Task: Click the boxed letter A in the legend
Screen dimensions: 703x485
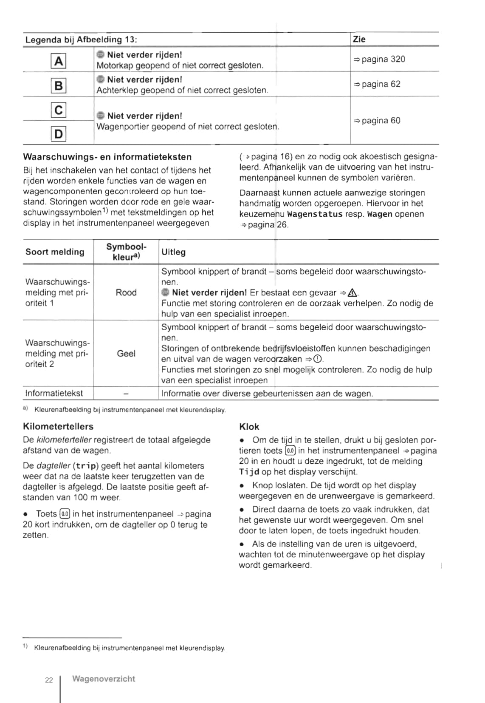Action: (x=59, y=61)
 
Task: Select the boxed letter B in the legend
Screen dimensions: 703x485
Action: (x=59, y=86)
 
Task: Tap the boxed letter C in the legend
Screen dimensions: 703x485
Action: (x=59, y=110)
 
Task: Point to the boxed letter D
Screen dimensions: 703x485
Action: (x=59, y=134)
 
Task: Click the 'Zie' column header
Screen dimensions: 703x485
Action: (x=359, y=40)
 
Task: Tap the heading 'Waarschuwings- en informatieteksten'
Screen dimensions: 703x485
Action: (x=107, y=157)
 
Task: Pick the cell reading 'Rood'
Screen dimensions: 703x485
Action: (x=126, y=293)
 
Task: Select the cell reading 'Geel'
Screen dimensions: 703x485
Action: (x=126, y=354)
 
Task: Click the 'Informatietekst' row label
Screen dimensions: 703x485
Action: (x=54, y=394)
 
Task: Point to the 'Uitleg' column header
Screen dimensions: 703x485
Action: (x=173, y=252)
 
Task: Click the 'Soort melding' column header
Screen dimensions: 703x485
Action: (x=55, y=252)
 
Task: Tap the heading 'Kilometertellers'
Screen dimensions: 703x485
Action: (x=58, y=427)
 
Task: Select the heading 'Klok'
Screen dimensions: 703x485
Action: (x=249, y=427)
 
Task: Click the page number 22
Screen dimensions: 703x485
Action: (x=49, y=680)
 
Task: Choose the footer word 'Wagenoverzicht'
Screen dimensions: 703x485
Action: (x=104, y=679)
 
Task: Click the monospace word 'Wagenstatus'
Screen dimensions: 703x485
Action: (x=315, y=214)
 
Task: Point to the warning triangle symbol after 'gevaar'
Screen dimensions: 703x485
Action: (x=352, y=293)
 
